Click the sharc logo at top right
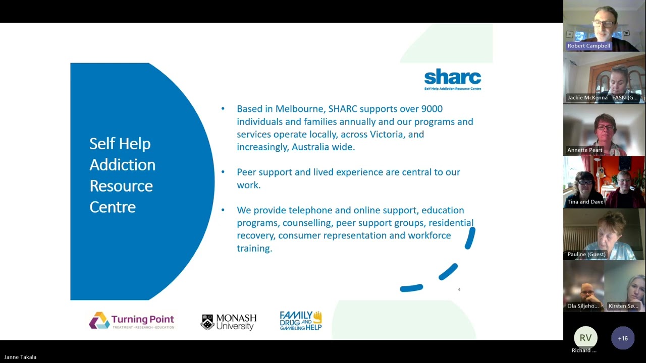[x=452, y=79]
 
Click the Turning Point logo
[x=132, y=321]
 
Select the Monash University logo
[x=229, y=322]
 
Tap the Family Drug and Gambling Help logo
[x=301, y=321]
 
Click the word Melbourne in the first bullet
[x=300, y=109]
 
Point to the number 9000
[x=432, y=109]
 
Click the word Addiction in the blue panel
[x=122, y=165]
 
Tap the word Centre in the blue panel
[x=113, y=207]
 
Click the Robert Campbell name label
[x=588, y=46]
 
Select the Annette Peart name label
[x=584, y=150]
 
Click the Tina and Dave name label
[x=585, y=202]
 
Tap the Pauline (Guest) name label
[x=586, y=254]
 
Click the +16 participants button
[x=622, y=338]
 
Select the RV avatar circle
[x=585, y=338]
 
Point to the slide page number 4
[x=459, y=289]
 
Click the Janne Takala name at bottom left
[x=20, y=357]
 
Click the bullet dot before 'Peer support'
[x=223, y=172]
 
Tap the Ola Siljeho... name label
[x=583, y=306]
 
